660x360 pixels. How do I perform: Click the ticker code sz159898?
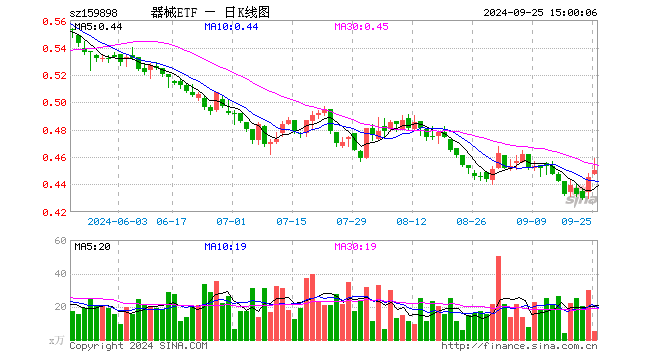click(x=94, y=13)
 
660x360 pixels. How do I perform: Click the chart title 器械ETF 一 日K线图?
click(x=210, y=13)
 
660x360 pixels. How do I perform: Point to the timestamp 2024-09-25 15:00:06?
click(x=540, y=13)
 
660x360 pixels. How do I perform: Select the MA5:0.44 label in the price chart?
click(x=98, y=27)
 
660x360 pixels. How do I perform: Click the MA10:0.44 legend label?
click(x=231, y=27)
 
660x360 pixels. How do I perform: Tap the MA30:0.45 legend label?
click(x=361, y=27)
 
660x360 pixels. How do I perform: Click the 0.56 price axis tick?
click(x=54, y=21)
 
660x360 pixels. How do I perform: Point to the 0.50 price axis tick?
click(x=54, y=103)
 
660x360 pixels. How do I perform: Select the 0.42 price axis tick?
click(x=54, y=213)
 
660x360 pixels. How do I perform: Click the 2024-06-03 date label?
click(x=117, y=221)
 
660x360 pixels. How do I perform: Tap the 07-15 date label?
click(x=291, y=221)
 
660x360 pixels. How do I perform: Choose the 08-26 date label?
click(x=471, y=221)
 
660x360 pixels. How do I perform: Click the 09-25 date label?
click(x=576, y=221)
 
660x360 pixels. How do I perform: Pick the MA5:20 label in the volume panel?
click(x=92, y=247)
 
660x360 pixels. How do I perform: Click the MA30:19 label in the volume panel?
click(x=355, y=247)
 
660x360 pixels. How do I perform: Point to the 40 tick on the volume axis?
click(x=61, y=274)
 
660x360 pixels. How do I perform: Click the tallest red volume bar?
click(x=498, y=298)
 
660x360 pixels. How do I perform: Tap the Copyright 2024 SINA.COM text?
click(x=138, y=346)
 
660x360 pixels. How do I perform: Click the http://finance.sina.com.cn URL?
click(x=519, y=346)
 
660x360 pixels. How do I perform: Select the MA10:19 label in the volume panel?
click(x=225, y=247)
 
